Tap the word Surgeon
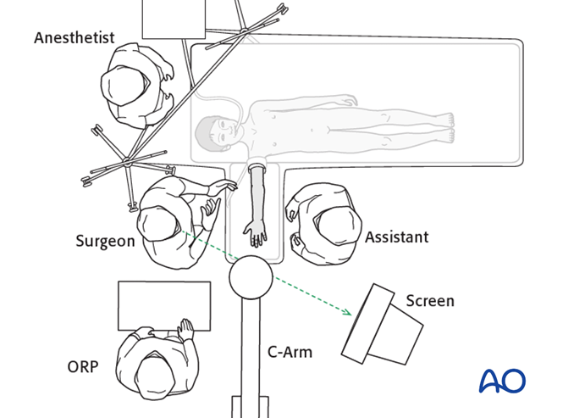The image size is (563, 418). click(105, 241)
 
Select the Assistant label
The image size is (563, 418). click(396, 237)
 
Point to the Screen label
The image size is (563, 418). click(429, 301)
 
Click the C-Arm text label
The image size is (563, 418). click(290, 351)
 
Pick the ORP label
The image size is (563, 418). click(83, 367)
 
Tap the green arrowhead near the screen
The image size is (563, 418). click(347, 313)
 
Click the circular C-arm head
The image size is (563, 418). click(251, 276)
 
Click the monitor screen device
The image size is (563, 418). click(382, 324)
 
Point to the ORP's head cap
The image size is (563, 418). click(149, 372)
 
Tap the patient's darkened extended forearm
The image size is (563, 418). click(257, 191)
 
